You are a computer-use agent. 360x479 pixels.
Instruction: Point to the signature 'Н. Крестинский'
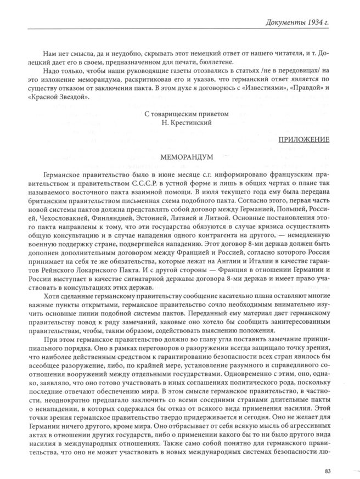(x=182, y=123)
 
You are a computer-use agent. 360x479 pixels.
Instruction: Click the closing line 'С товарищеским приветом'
(x=182, y=114)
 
